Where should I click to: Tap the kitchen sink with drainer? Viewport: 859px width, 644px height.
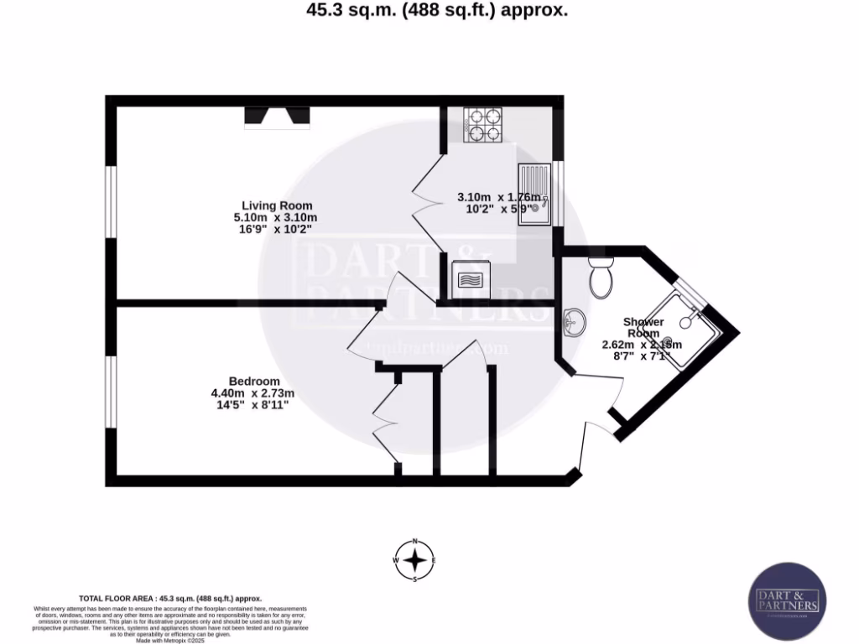533,195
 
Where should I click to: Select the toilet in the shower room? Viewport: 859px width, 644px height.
601,278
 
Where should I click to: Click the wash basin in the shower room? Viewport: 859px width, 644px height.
575,320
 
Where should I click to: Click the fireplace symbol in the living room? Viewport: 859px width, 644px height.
277,118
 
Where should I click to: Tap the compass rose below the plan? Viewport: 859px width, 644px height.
414,559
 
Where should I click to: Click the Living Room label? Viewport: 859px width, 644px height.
277,205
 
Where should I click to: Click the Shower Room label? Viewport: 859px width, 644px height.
643,327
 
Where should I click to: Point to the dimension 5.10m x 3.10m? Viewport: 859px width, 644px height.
277,217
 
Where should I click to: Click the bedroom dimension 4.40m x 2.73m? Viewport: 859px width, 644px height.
252,393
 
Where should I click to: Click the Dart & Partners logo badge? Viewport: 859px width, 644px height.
787,601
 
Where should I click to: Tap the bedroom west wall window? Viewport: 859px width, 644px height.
110,390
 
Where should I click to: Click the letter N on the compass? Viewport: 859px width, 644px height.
414,541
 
